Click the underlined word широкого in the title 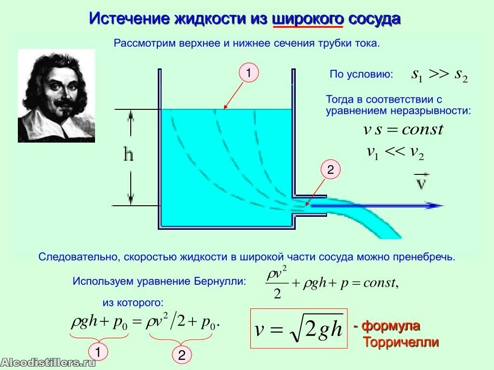coord(308,19)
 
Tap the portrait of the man coord(56,96)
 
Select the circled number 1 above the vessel coord(248,73)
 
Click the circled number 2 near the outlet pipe coord(330,170)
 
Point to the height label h coord(128,154)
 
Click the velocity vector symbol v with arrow coord(422,181)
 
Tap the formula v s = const coord(403,130)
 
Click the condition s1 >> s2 coord(439,75)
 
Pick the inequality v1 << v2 coord(396,153)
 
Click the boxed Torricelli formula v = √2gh coord(299,329)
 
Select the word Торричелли coord(401,342)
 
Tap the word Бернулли coord(220,281)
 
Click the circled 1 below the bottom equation coord(98,352)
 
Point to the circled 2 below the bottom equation coord(182,355)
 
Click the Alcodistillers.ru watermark coord(48,362)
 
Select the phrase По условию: coord(361,74)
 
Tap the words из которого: coord(133,303)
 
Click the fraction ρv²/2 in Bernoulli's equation coord(277,282)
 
